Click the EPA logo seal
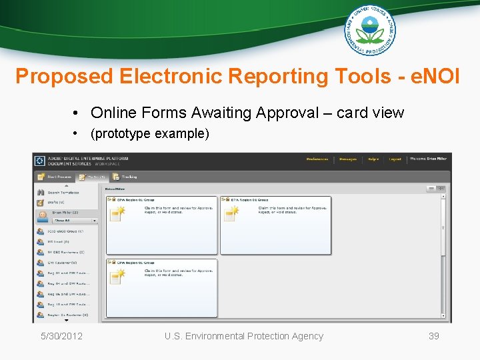coord(369,29)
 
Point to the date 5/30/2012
coord(61,336)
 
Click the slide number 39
coord(433,336)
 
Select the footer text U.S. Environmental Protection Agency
coord(243,336)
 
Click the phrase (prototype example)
coord(149,133)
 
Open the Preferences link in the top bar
coord(317,159)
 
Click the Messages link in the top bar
coord(347,159)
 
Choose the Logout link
coord(395,159)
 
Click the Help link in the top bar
coord(373,159)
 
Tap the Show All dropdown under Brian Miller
coord(75,220)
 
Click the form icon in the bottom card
coord(117,276)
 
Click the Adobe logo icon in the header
coord(39,161)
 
